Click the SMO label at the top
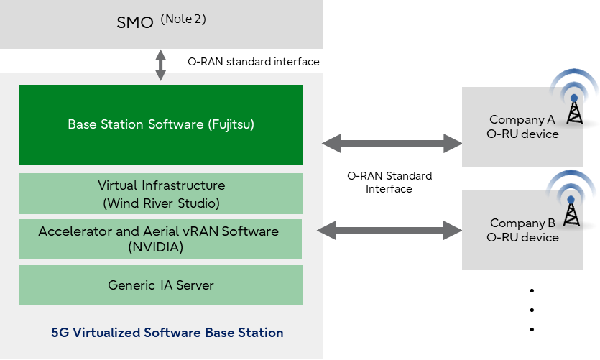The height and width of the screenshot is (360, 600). (x=135, y=22)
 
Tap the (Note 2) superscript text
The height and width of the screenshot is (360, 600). (x=183, y=19)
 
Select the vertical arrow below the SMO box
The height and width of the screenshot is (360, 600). (x=160, y=65)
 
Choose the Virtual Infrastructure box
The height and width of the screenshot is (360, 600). (x=161, y=193)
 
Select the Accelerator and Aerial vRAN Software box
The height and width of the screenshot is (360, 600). (x=161, y=239)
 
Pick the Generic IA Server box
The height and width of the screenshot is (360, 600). (x=161, y=285)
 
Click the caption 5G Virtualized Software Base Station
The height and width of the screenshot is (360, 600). (x=167, y=333)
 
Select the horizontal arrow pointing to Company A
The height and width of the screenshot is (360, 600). (x=392, y=144)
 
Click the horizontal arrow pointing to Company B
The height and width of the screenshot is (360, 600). (x=390, y=231)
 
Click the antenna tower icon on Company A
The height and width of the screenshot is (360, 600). (x=574, y=105)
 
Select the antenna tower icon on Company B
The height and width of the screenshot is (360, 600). (x=572, y=208)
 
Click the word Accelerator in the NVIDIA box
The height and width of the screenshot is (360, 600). (x=75, y=231)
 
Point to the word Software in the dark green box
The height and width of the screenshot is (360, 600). (x=175, y=124)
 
